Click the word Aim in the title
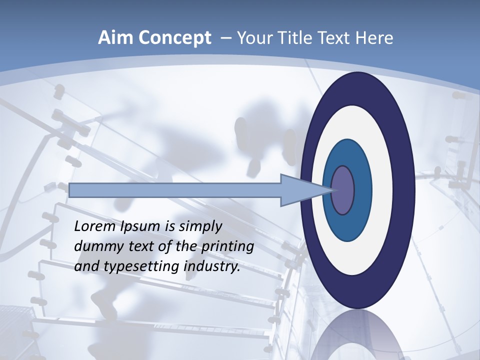(115, 38)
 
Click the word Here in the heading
(375, 38)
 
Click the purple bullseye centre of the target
(343, 190)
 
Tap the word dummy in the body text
(95, 247)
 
